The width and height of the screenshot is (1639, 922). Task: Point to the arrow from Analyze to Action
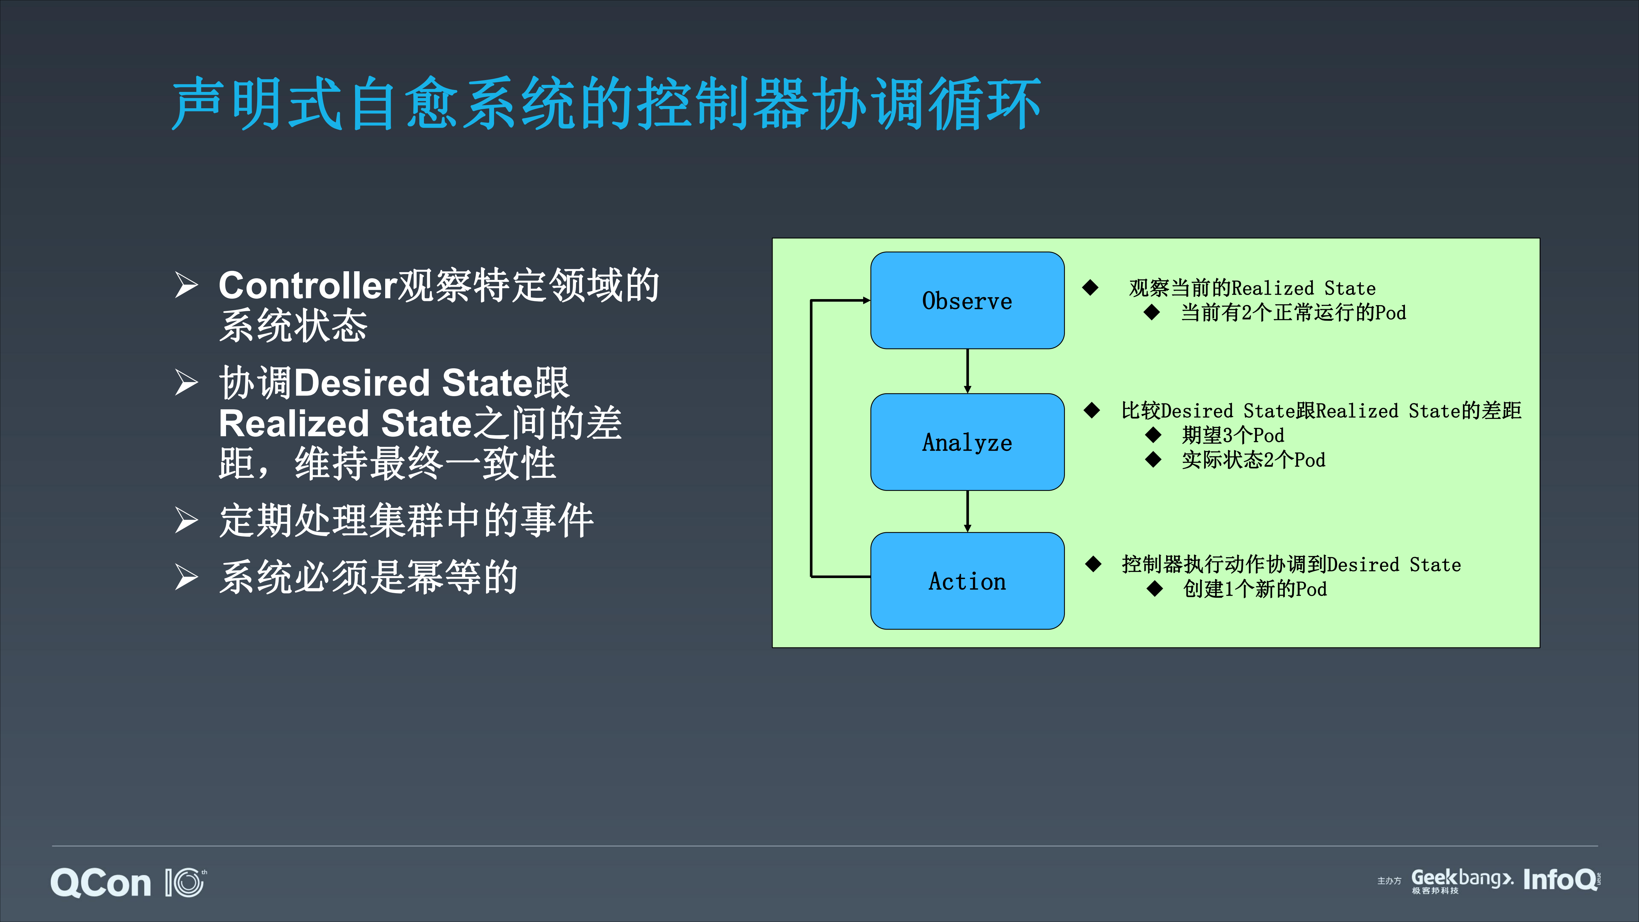(x=967, y=511)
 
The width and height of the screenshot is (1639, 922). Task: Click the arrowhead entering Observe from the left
(x=865, y=300)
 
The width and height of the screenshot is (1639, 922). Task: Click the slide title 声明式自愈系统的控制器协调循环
(x=606, y=104)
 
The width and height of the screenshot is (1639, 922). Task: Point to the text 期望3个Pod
(x=1232, y=435)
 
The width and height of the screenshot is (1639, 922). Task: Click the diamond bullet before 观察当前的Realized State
(x=1090, y=288)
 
